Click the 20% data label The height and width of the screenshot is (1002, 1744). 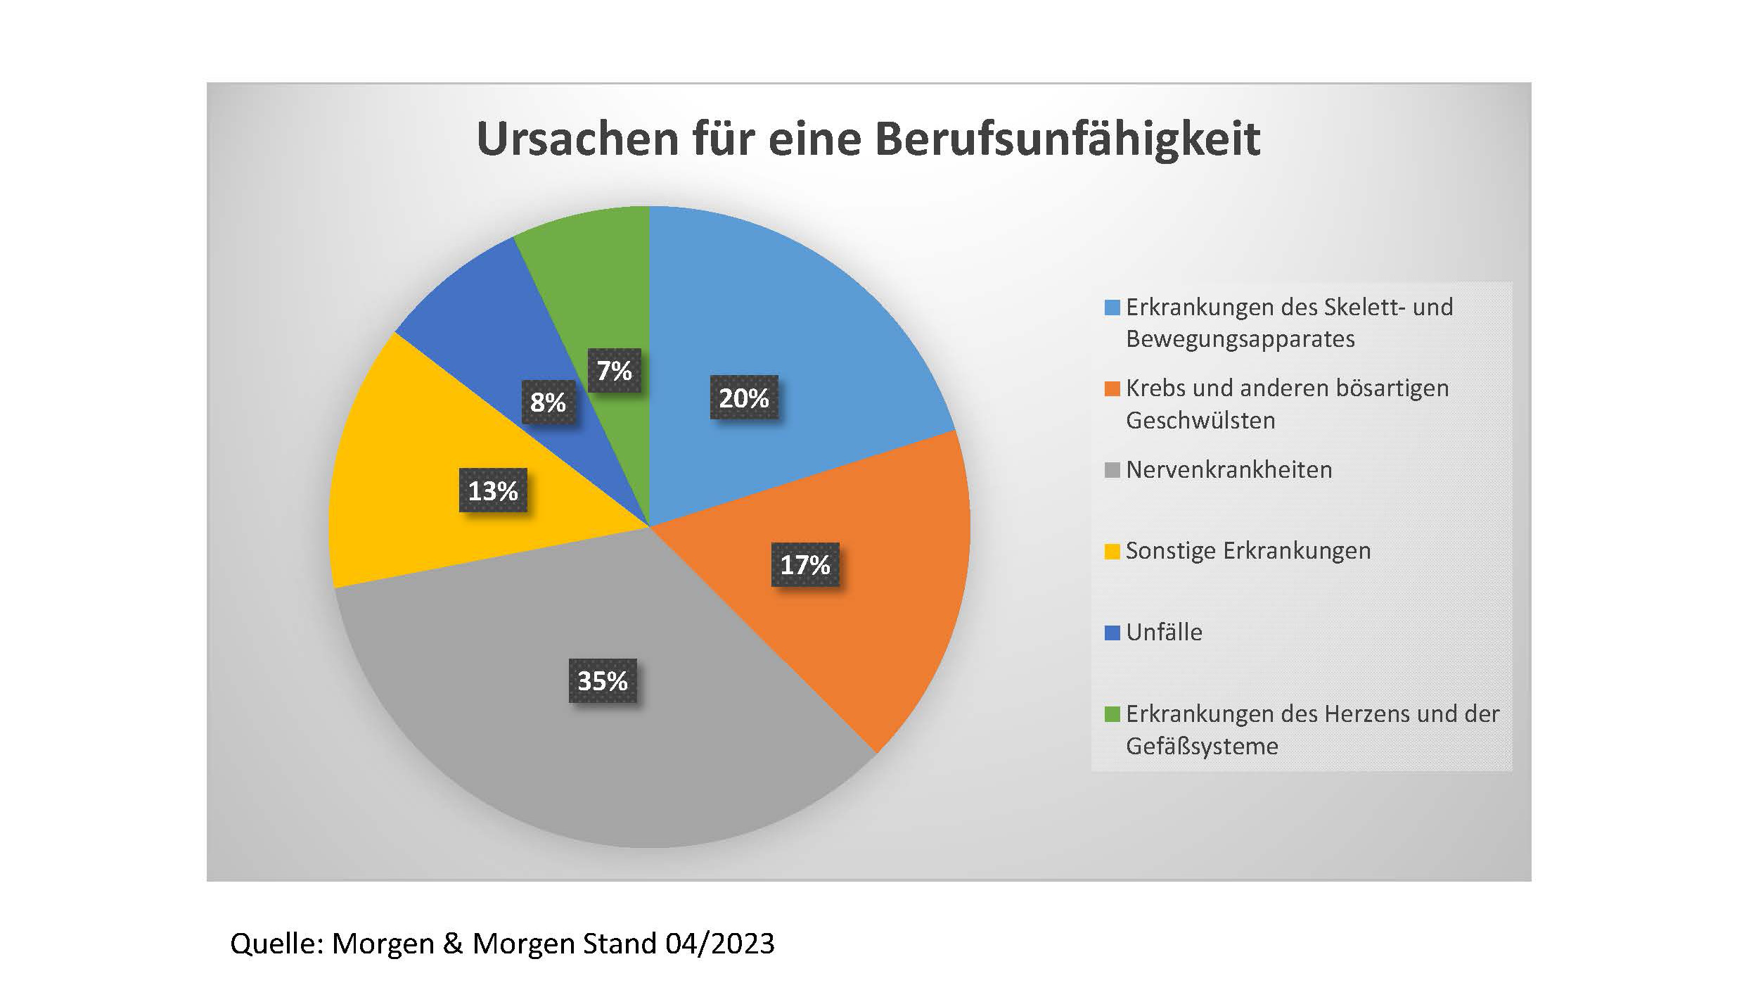(744, 398)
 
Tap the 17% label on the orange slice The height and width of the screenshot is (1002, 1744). (805, 564)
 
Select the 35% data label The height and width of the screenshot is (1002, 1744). (603, 680)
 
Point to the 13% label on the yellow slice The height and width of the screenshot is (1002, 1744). (493, 490)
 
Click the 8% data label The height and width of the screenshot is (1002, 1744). (548, 402)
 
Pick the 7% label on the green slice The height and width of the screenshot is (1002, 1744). (614, 371)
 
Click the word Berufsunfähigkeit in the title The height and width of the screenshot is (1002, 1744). (1067, 139)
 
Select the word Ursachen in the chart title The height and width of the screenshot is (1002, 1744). (577, 139)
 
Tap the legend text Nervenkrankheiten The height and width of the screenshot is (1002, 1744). (1229, 469)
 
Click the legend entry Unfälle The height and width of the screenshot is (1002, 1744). (1164, 632)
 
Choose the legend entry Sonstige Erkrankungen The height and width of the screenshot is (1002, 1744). (1248, 550)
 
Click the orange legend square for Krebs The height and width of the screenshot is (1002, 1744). (1112, 389)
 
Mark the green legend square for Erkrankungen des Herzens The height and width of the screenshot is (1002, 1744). (1112, 715)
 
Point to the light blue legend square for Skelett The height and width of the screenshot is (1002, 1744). (1112, 308)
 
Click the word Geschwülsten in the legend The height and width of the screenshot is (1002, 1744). (1200, 420)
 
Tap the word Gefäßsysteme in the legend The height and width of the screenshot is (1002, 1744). (1202, 746)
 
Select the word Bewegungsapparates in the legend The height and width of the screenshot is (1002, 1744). (1240, 339)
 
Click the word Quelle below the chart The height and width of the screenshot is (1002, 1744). (275, 944)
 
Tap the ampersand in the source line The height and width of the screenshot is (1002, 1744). (453, 944)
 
